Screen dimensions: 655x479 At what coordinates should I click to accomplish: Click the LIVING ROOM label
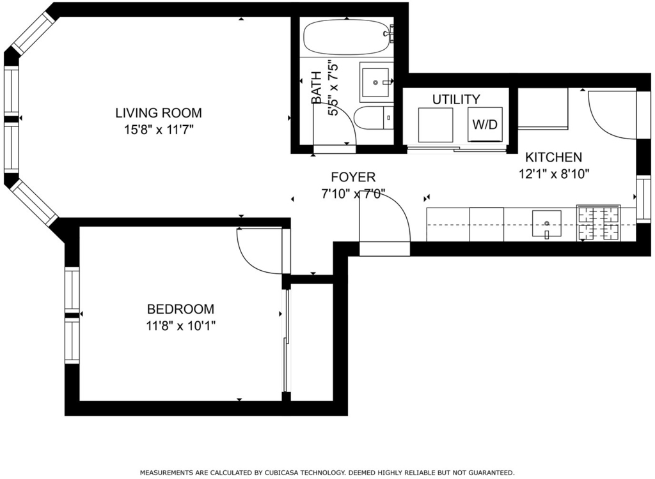(159, 112)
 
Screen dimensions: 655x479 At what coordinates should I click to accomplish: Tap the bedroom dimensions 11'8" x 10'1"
(180, 326)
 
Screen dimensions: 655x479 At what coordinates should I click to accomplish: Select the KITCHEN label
(553, 157)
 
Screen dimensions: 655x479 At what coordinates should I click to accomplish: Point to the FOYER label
(353, 177)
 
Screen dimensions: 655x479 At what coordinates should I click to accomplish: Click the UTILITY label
(456, 99)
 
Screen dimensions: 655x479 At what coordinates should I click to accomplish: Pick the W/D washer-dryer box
(484, 125)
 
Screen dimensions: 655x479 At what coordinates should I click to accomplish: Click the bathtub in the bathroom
(346, 38)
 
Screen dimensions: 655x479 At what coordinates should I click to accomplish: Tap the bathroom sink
(376, 82)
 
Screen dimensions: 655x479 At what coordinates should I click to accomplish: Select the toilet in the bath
(374, 118)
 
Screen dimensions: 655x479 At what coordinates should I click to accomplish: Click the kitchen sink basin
(546, 224)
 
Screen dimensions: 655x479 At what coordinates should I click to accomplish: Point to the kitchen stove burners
(598, 223)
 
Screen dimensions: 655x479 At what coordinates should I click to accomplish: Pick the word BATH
(317, 87)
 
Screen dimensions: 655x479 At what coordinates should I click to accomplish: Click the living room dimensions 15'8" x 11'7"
(159, 130)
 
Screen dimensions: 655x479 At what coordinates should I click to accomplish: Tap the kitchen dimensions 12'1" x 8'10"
(554, 174)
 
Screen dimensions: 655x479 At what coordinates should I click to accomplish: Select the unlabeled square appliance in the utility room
(436, 125)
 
